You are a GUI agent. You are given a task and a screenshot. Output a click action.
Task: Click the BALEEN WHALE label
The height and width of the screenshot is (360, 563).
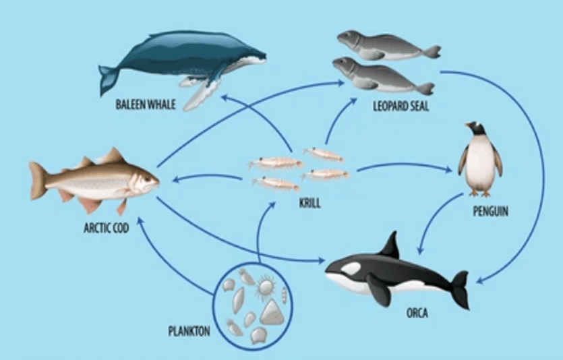pos(146,104)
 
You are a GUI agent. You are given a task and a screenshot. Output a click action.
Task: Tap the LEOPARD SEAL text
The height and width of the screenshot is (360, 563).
pos(401,107)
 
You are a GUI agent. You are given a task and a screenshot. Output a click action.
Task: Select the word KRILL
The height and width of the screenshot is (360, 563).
pos(310,204)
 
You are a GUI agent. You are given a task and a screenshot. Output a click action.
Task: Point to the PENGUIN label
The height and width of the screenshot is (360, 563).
pos(490,211)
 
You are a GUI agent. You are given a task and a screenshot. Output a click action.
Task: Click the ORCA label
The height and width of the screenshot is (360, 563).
pos(417,313)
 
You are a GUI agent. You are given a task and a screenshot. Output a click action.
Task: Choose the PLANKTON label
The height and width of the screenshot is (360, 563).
pos(189,331)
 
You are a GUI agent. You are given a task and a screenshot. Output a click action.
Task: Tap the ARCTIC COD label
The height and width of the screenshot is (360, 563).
pos(107,228)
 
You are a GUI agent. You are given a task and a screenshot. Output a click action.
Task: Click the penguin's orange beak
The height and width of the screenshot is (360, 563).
pos(468,125)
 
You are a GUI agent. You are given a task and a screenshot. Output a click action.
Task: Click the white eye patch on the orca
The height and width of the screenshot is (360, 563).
pos(351,268)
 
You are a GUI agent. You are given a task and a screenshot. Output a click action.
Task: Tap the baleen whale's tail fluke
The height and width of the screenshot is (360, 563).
pos(109,79)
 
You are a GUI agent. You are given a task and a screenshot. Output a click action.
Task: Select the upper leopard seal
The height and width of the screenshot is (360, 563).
pos(388,46)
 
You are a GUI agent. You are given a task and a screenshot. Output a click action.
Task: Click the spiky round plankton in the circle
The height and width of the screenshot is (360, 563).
pos(266,287)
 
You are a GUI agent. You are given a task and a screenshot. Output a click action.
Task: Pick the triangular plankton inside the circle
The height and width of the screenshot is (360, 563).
pos(272,312)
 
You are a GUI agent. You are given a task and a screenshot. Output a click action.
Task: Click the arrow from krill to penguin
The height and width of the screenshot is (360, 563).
pos(405,165)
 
